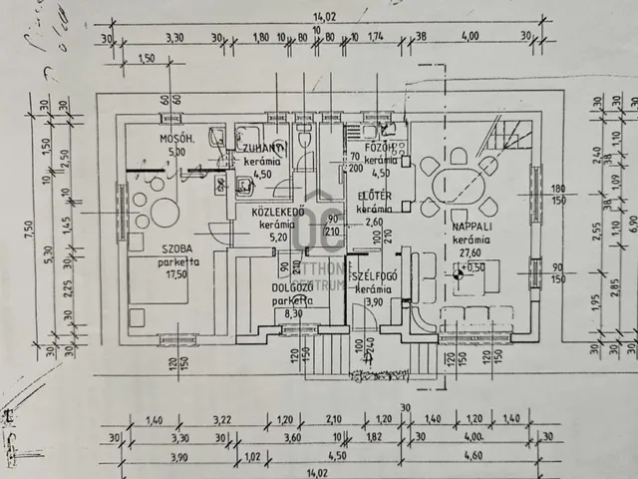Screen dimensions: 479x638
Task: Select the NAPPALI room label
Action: coord(471,226)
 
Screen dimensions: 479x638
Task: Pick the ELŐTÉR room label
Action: coord(373,197)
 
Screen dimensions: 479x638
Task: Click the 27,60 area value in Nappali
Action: coord(468,253)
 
